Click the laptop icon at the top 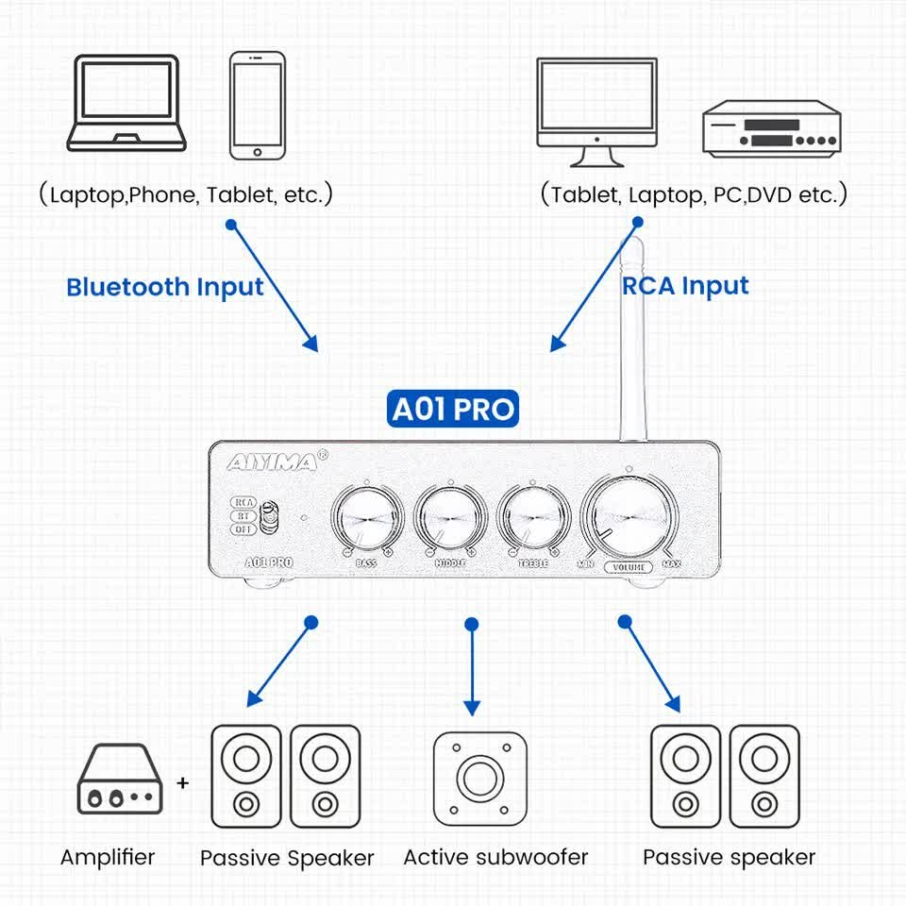(x=126, y=104)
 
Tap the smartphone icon (x=258, y=105)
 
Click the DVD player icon (x=770, y=128)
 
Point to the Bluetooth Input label (x=165, y=287)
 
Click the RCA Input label (x=685, y=286)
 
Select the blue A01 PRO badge (x=453, y=410)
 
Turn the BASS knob (x=367, y=520)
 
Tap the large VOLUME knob (x=629, y=518)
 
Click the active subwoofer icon (x=479, y=776)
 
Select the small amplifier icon (x=119, y=780)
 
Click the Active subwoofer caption (x=495, y=857)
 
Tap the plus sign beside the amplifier (x=183, y=782)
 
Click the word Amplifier (x=108, y=857)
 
